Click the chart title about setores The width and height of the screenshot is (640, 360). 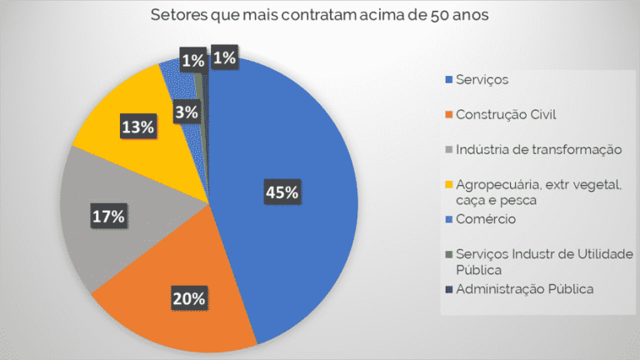(320, 15)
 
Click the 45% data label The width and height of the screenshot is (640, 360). (282, 192)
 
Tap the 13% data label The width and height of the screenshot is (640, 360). (137, 127)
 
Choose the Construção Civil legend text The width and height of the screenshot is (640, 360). (506, 114)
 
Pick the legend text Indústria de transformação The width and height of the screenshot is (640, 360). (538, 149)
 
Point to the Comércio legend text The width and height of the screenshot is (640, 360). (485, 219)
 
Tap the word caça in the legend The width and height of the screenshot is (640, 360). (469, 200)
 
